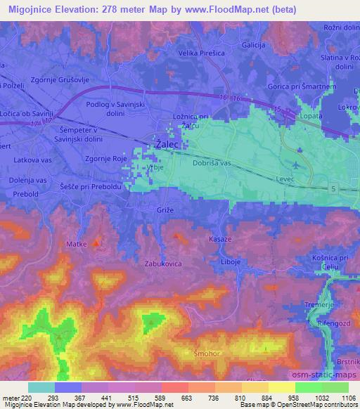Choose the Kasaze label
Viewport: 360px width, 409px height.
[220, 240]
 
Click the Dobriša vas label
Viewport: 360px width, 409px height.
[212, 164]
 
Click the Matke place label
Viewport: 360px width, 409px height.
[76, 244]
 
